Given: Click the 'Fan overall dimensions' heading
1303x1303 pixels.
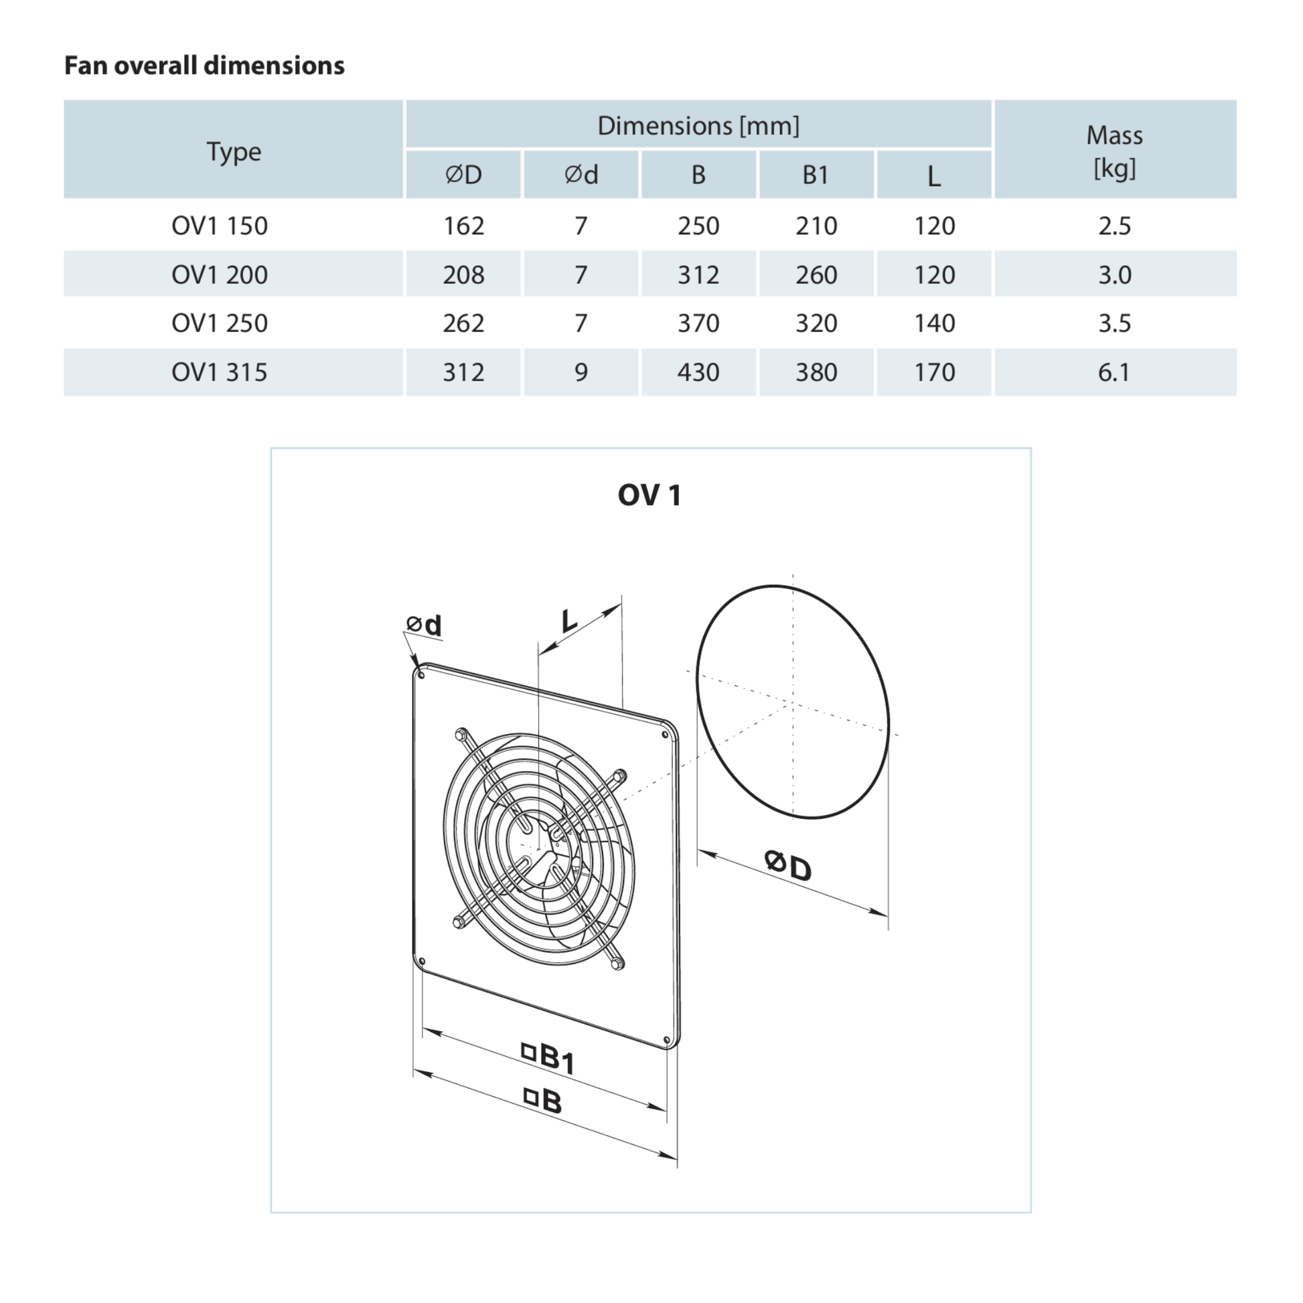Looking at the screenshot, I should [204, 66].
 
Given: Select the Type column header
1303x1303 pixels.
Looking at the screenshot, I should [234, 151].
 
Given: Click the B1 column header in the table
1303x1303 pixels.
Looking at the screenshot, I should [816, 175].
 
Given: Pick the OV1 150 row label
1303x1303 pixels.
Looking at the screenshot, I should [219, 225].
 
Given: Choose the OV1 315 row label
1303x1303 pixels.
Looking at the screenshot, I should [219, 372].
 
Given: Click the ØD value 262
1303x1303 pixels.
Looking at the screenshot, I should [463, 323].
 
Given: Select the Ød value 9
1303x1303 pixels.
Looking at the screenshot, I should [581, 372].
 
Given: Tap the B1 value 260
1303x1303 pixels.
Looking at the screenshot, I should [816, 275].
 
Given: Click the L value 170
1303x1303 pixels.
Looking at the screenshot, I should [934, 372].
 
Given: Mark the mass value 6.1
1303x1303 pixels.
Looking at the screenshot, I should [1114, 372].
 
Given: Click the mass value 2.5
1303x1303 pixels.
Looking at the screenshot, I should [1114, 225].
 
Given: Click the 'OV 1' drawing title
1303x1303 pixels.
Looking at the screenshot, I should [649, 495].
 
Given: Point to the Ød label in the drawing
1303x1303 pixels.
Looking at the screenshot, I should [425, 625].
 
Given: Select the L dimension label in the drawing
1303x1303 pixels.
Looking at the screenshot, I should [569, 621].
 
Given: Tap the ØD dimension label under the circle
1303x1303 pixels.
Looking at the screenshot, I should [787, 865].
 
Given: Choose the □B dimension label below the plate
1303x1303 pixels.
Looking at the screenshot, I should [543, 1101].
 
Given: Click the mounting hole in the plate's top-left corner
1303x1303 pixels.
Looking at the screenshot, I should [422, 675].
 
